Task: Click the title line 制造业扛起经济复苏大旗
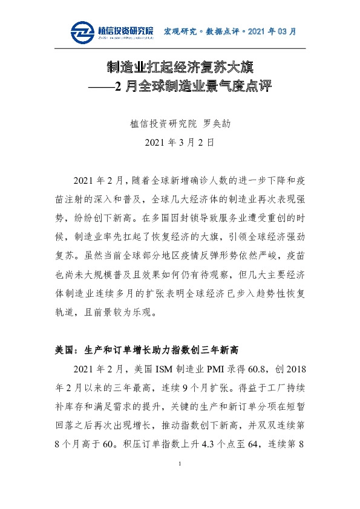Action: (180, 66)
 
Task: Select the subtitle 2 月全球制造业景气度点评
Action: (194, 87)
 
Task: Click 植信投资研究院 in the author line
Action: (163, 124)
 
